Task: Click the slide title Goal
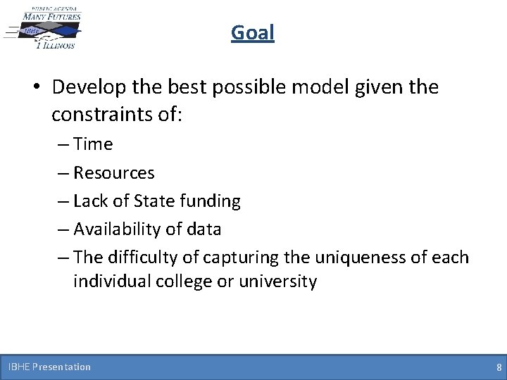click(x=253, y=32)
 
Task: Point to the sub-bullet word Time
click(x=92, y=144)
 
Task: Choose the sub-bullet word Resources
click(x=113, y=172)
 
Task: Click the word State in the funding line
click(x=146, y=201)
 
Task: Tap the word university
click(x=278, y=281)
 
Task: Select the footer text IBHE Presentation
click(x=49, y=367)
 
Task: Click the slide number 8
click(x=499, y=367)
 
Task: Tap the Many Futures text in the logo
click(x=51, y=15)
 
